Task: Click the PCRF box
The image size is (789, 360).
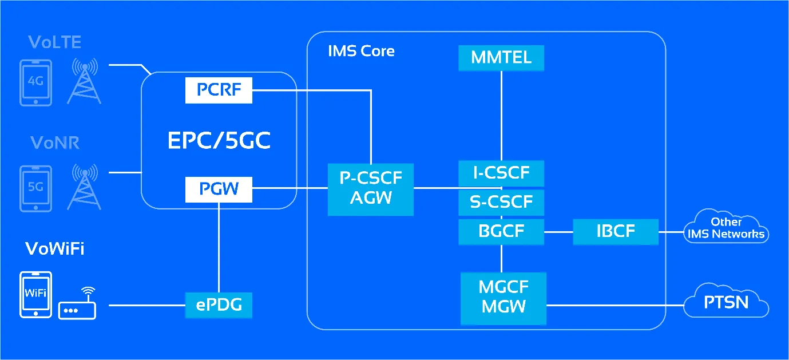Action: click(x=219, y=90)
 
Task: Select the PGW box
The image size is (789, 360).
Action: click(x=219, y=189)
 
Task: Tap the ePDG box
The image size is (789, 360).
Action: click(x=219, y=305)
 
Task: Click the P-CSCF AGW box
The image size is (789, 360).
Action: click(x=370, y=189)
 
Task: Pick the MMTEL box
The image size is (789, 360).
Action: click(x=501, y=58)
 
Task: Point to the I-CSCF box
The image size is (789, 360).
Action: click(x=501, y=173)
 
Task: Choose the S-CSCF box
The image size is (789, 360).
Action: click(x=501, y=202)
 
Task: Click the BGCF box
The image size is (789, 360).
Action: click(x=501, y=232)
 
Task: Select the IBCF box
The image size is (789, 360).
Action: click(x=615, y=232)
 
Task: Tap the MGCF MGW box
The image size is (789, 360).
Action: click(x=503, y=297)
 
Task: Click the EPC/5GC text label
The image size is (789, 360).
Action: click(x=219, y=141)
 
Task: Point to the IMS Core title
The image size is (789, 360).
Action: click(x=361, y=51)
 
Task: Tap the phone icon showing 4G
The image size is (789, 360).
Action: click(x=35, y=82)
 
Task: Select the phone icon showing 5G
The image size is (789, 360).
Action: click(x=35, y=187)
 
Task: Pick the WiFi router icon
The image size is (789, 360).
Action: click(x=78, y=304)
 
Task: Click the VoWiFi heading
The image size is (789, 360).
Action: click(x=55, y=249)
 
